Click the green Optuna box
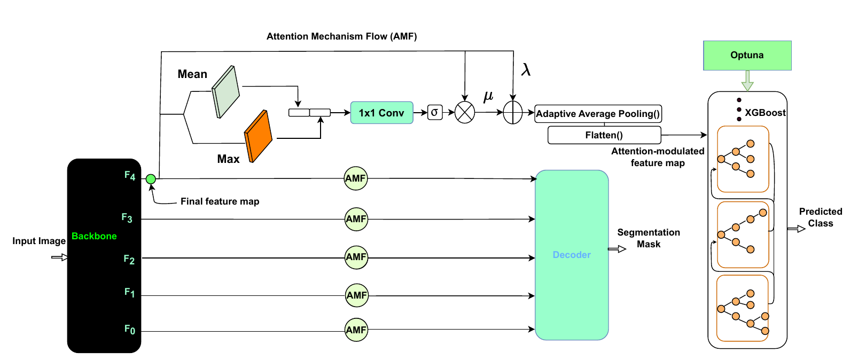[x=747, y=56]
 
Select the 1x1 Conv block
[x=381, y=113]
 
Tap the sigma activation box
[x=435, y=112]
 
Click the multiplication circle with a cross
[x=465, y=113]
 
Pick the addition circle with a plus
[x=513, y=113]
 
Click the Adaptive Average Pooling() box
[x=598, y=114]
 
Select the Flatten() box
[x=604, y=135]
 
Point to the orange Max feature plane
[x=258, y=136]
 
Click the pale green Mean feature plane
[x=225, y=92]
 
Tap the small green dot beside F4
[x=151, y=179]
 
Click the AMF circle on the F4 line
[x=355, y=178]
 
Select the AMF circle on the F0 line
[x=356, y=330]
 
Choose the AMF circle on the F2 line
[x=356, y=257]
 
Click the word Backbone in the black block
[x=94, y=236]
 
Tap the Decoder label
[x=572, y=255]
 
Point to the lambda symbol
[x=526, y=70]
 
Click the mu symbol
[x=488, y=96]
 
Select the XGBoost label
[x=765, y=113]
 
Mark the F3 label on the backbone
[x=127, y=218]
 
